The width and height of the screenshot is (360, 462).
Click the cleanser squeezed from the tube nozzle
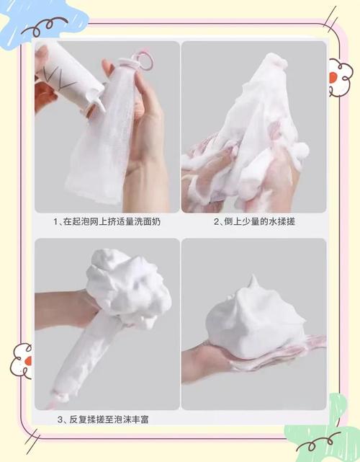pos(99,104)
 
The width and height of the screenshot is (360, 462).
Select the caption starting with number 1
pos(107,221)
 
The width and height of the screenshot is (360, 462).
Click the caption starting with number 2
pos(254,221)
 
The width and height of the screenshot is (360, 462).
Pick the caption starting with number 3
pos(103,419)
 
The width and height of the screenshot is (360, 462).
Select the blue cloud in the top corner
pos(38,22)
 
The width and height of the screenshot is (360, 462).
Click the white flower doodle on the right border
pos(340,77)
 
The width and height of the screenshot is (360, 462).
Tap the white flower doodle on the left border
pos(21,361)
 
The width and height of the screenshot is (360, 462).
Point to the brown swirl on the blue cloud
pos(44,26)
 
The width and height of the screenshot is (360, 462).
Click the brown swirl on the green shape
pos(318,444)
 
